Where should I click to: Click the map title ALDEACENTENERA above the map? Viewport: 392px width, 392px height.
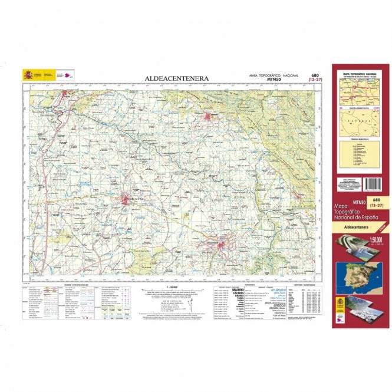[x=175, y=78]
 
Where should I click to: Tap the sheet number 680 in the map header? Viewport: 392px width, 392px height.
[x=315, y=75]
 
